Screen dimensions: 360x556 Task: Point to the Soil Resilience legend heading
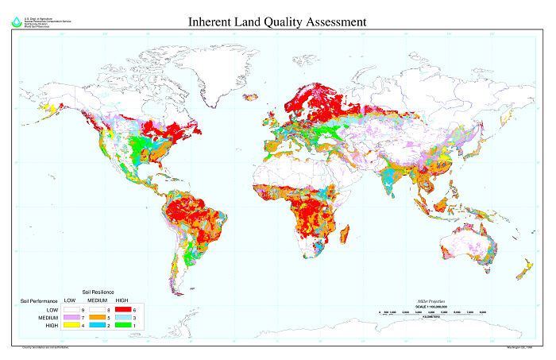point(98,292)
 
